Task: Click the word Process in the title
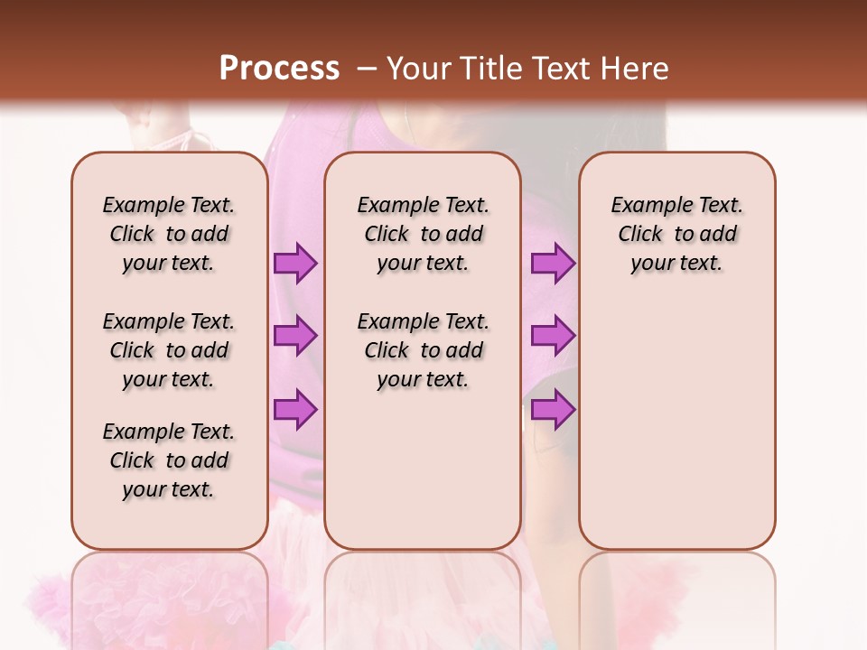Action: pyautogui.click(x=279, y=69)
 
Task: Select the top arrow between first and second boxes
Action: pyautogui.click(x=295, y=263)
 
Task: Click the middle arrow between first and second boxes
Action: pyautogui.click(x=295, y=336)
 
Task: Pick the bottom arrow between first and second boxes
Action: pyautogui.click(x=295, y=410)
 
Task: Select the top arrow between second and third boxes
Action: pyautogui.click(x=553, y=263)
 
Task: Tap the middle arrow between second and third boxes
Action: pyautogui.click(x=553, y=336)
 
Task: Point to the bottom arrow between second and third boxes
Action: pyautogui.click(x=553, y=410)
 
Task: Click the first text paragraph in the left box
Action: pyautogui.click(x=169, y=234)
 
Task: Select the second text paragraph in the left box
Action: pyautogui.click(x=169, y=350)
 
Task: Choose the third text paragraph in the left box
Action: pyautogui.click(x=169, y=460)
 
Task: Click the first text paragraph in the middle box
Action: pyautogui.click(x=423, y=234)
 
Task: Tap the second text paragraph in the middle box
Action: pyautogui.click(x=423, y=350)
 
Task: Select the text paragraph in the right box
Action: pyautogui.click(x=677, y=234)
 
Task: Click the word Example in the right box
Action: pyautogui.click(x=648, y=206)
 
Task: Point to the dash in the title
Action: pyautogui.click(x=366, y=69)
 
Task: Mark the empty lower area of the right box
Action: pyautogui.click(x=677, y=433)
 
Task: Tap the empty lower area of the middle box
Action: pyautogui.click(x=423, y=478)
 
